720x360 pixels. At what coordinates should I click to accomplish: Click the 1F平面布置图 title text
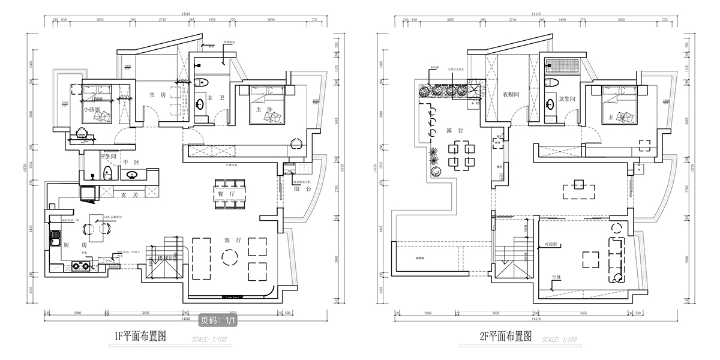pyautogui.click(x=140, y=337)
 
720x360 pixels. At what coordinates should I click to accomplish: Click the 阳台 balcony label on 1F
pyautogui.click(x=302, y=188)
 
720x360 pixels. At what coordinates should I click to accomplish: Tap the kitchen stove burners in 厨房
pyautogui.click(x=80, y=267)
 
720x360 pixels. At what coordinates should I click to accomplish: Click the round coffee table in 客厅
pyautogui.click(x=230, y=257)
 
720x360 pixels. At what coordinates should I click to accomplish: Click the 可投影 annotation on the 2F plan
pyautogui.click(x=552, y=245)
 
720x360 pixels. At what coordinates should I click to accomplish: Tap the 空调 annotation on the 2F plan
pyautogui.click(x=557, y=277)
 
